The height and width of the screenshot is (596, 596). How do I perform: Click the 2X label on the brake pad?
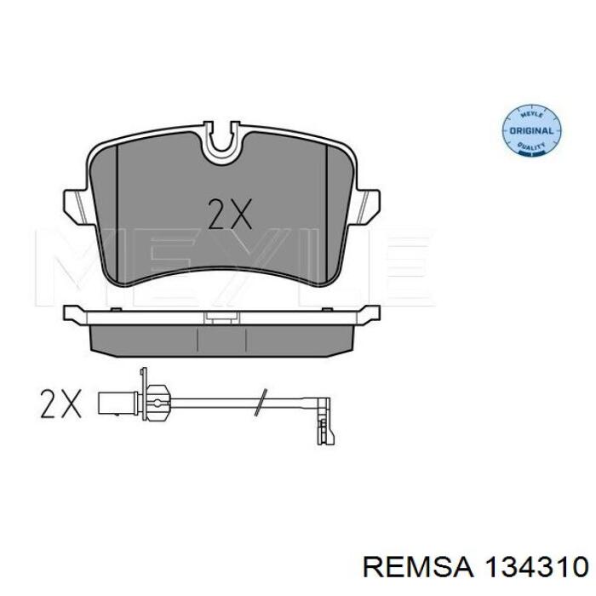click(x=230, y=214)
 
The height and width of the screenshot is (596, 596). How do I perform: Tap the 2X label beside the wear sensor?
click(x=60, y=403)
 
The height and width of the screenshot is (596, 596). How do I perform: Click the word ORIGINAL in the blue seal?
click(x=531, y=131)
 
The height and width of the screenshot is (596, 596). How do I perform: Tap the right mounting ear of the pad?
click(x=367, y=206)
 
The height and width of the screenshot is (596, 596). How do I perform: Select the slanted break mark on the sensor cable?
click(x=261, y=402)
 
